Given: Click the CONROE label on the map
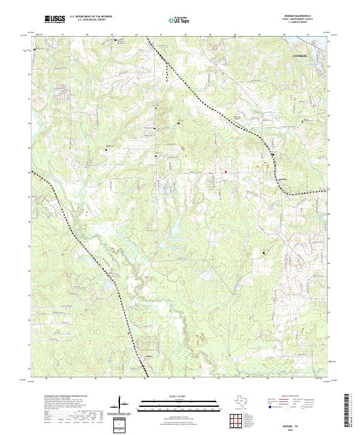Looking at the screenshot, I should [x=300, y=54].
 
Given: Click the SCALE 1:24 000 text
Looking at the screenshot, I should [x=180, y=395].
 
